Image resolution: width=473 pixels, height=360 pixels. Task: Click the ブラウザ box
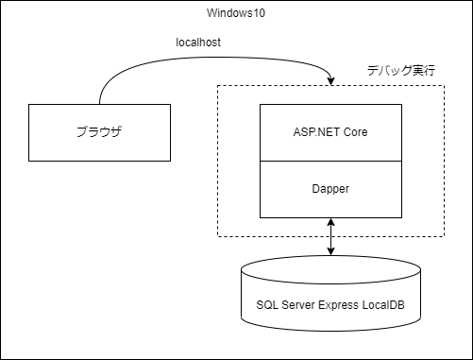click(x=99, y=131)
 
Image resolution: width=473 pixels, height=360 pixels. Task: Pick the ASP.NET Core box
click(x=329, y=131)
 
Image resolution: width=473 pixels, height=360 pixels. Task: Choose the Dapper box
click(x=329, y=188)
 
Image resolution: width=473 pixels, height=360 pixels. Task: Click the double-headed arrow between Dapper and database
click(x=329, y=236)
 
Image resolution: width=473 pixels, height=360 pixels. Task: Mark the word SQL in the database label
click(x=266, y=305)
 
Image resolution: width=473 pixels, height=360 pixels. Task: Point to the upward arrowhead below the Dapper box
click(x=329, y=222)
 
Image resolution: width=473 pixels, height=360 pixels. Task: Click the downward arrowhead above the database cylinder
click(x=329, y=250)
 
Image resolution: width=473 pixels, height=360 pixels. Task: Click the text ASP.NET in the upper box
click(x=315, y=131)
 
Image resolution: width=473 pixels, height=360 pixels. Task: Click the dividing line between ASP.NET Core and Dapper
click(x=329, y=160)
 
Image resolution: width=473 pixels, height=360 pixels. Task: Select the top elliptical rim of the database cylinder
click(x=329, y=267)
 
